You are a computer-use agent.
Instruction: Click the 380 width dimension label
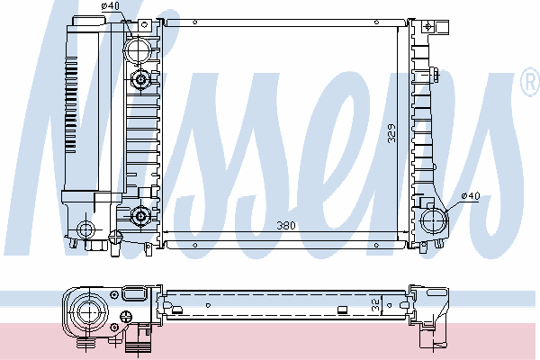(286, 225)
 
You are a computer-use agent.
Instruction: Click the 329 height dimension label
(391, 133)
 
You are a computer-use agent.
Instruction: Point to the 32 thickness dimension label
(375, 305)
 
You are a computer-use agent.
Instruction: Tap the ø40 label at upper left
(110, 6)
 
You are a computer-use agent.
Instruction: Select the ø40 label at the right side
(471, 196)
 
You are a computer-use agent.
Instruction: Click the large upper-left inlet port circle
(138, 50)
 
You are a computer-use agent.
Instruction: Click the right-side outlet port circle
(434, 220)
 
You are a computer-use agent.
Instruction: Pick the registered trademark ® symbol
(531, 82)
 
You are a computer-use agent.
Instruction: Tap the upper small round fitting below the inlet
(140, 79)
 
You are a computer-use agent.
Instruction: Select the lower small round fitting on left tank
(140, 216)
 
